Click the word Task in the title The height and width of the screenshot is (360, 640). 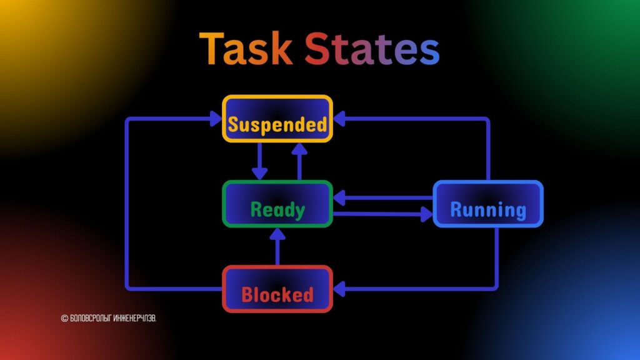(246, 50)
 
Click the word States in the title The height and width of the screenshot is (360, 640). (372, 50)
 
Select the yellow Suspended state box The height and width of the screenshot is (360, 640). (277, 119)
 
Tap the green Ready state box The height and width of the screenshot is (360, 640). (277, 204)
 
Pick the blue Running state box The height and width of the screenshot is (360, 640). (488, 204)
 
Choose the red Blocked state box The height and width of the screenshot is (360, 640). (277, 289)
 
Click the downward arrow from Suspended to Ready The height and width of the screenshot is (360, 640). (259, 161)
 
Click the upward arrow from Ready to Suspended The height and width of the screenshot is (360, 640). (299, 161)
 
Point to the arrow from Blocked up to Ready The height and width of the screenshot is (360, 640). (277, 246)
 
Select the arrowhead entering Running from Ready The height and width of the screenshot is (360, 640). (427, 215)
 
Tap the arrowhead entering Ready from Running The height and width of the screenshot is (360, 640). (339, 198)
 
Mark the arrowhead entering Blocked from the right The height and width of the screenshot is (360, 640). (339, 289)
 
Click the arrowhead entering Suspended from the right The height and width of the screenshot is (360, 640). (339, 119)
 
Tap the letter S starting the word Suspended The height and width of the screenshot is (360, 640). (234, 125)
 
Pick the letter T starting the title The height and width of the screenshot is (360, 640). (212, 50)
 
